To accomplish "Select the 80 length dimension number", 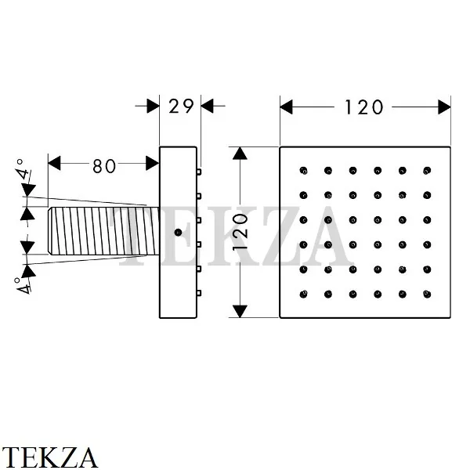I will [103, 165].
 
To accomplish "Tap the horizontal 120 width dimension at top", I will [366, 106].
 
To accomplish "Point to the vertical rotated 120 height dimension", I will [244, 232].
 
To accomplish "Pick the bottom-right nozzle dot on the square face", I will [427, 295].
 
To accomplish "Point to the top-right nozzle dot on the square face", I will [427, 170].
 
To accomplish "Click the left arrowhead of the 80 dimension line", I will [54, 164].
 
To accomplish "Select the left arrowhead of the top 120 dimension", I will [287, 106].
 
